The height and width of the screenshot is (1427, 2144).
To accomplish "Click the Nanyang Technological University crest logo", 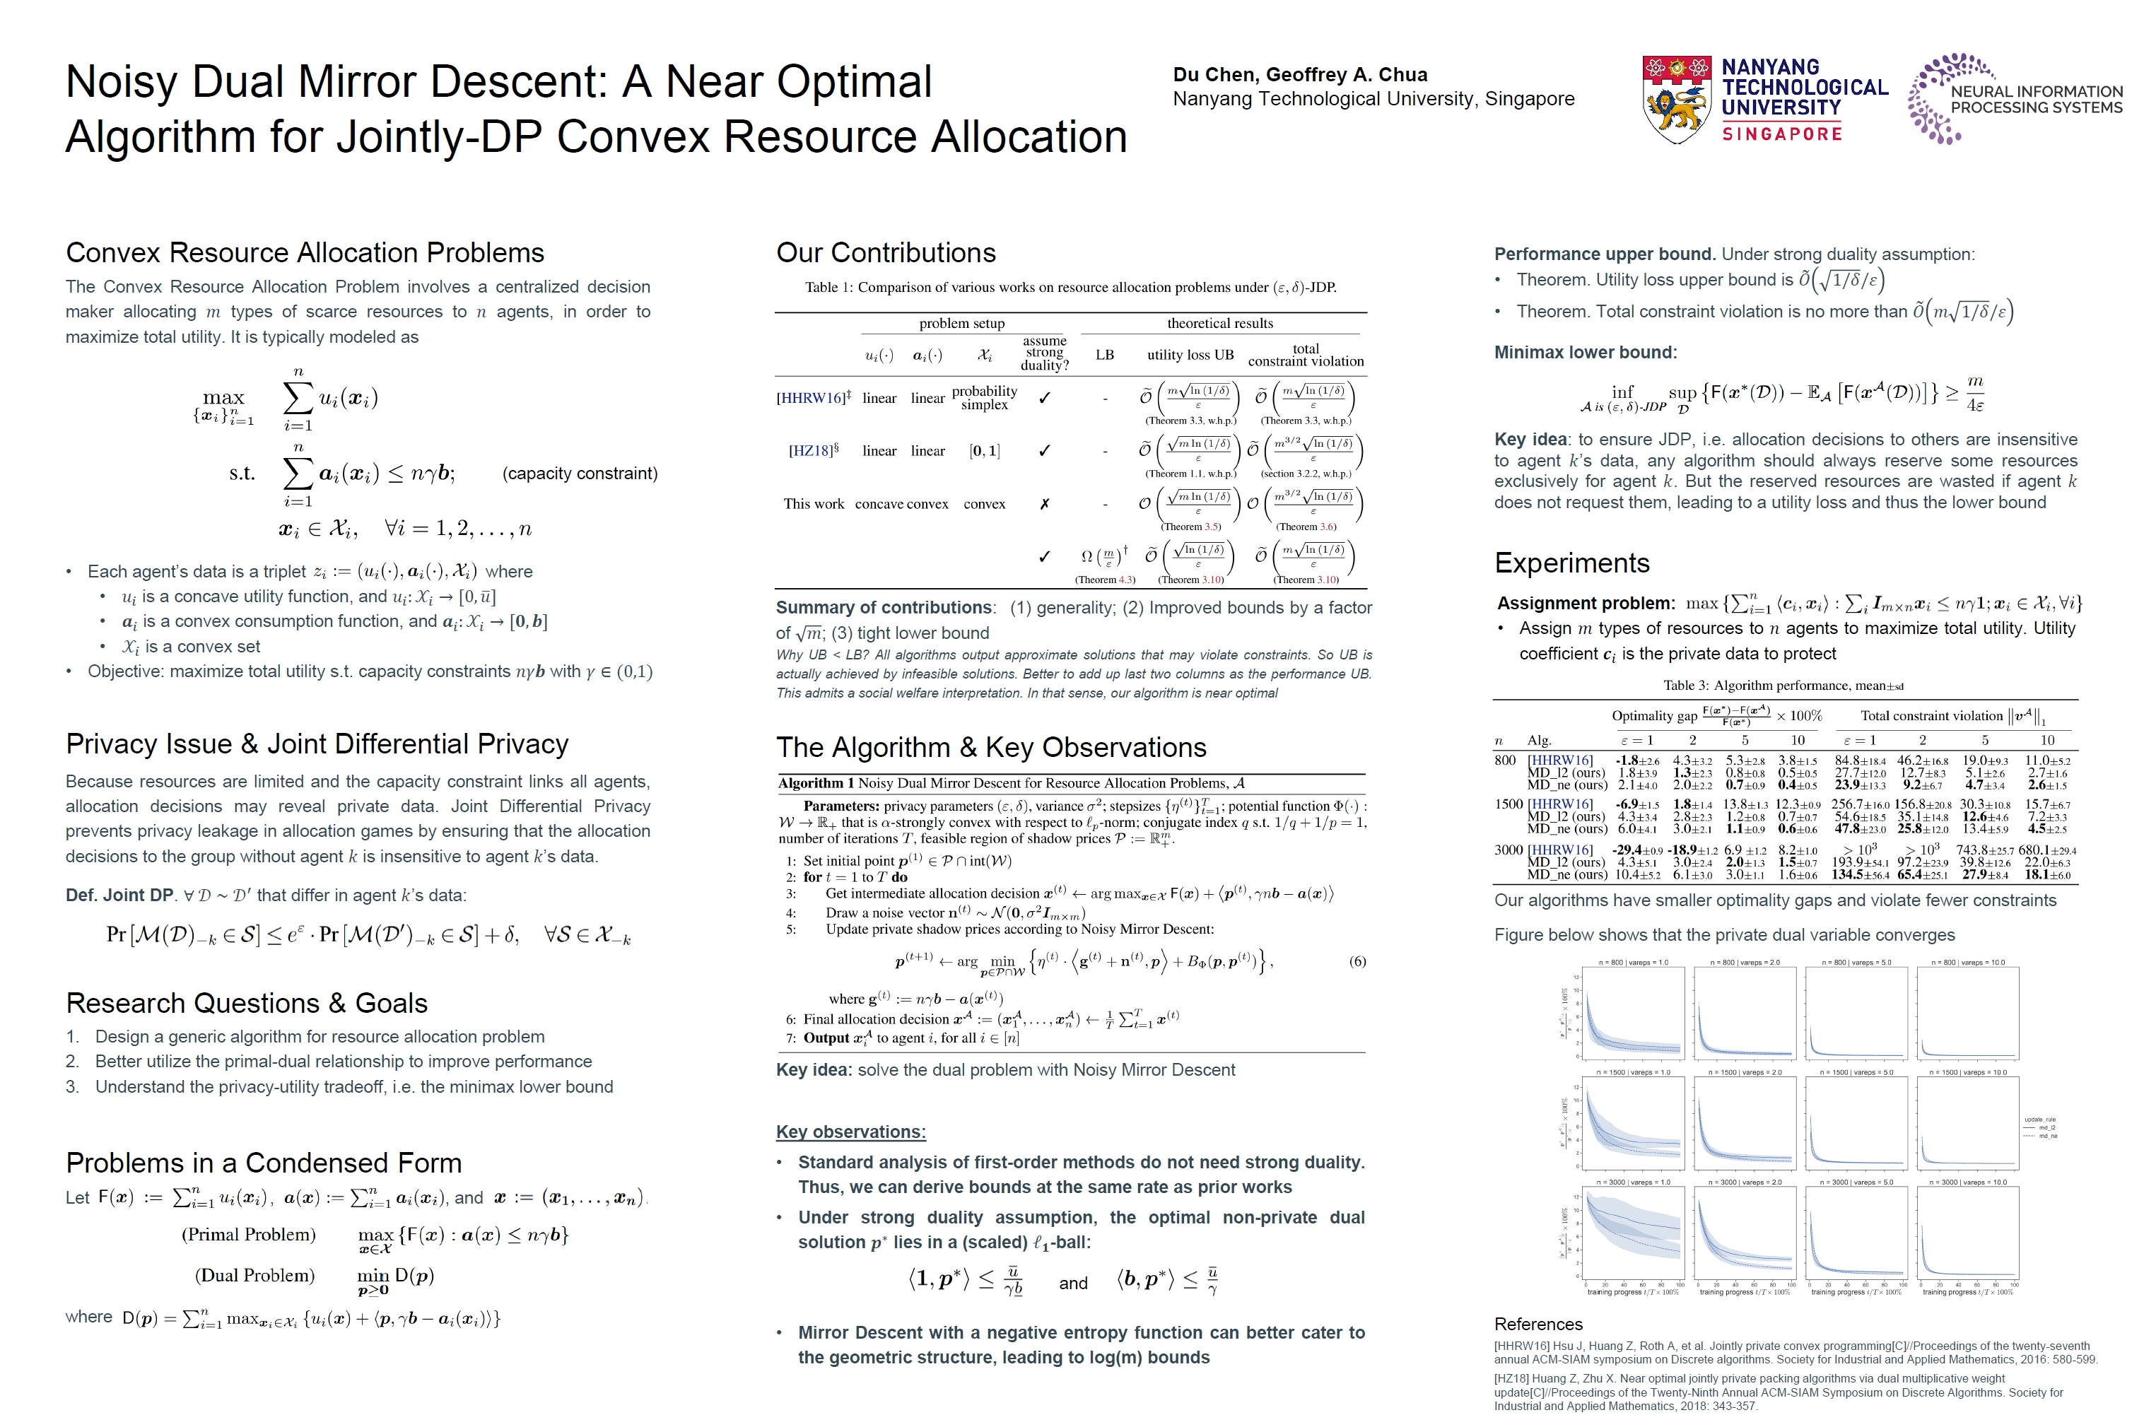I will (x=1675, y=100).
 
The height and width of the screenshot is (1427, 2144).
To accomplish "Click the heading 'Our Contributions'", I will (x=886, y=253).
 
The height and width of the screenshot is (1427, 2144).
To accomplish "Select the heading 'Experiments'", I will (x=1571, y=563).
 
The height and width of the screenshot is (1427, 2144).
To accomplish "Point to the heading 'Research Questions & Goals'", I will (x=247, y=1003).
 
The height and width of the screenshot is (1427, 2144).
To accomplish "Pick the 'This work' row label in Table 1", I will (x=814, y=504).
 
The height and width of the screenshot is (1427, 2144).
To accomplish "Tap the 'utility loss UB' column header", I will (x=1190, y=355).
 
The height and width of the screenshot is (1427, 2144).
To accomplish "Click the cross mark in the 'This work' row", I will (x=1044, y=504).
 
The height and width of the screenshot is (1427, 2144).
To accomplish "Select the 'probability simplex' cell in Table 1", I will (x=984, y=398).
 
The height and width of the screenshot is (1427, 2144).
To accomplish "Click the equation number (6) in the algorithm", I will (x=1357, y=961).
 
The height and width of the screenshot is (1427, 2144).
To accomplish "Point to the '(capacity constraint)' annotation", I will (x=580, y=474).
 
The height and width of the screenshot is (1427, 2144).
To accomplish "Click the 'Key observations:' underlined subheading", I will (x=850, y=1132).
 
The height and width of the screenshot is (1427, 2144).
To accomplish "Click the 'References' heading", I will (x=1538, y=1324).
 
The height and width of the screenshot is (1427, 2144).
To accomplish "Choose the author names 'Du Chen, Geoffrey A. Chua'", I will (x=1299, y=76).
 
